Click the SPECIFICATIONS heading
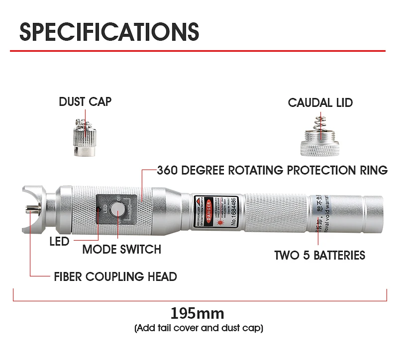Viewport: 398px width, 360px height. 109,31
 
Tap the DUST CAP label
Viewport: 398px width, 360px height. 85,102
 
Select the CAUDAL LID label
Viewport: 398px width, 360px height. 320,103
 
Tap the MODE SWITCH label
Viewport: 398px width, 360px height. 121,250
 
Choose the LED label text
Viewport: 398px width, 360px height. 59,242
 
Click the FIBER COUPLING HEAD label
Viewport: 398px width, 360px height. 115,276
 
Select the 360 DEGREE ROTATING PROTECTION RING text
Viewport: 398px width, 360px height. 272,171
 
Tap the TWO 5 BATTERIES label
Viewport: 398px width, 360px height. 319,256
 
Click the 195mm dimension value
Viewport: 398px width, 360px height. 198,314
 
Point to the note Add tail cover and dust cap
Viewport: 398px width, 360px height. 199,328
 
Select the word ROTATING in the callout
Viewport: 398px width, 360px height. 256,171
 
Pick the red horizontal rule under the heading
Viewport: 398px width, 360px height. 199,51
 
